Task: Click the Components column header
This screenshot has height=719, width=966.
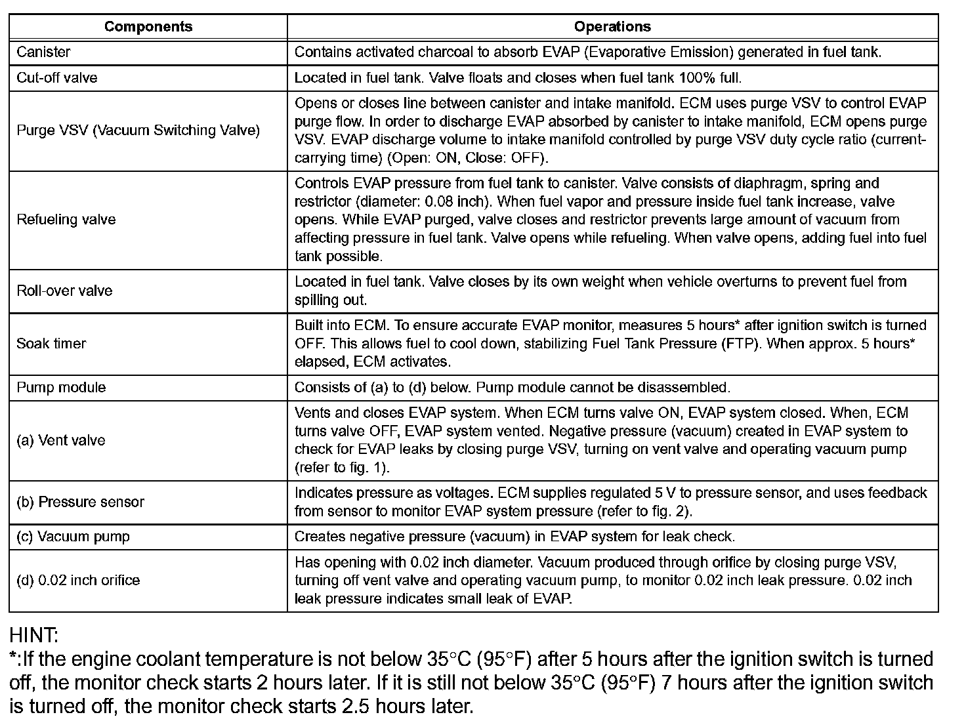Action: [x=148, y=27]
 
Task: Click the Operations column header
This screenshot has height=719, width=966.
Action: [x=612, y=27]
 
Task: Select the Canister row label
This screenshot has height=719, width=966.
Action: [x=43, y=52]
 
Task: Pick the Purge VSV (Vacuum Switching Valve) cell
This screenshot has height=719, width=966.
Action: [x=138, y=131]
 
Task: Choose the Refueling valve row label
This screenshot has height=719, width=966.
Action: [x=66, y=220]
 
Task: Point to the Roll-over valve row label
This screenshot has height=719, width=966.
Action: [x=64, y=291]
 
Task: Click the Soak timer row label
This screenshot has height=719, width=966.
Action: [x=51, y=344]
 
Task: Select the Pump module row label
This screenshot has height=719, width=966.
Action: [x=61, y=388]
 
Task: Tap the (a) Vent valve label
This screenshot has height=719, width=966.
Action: [x=61, y=440]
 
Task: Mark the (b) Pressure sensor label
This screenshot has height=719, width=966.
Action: [x=80, y=503]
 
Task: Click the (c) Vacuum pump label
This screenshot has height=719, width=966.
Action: [x=73, y=537]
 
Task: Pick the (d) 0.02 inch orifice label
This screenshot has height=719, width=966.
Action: [x=78, y=581]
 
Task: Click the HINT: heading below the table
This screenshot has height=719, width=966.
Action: [x=33, y=635]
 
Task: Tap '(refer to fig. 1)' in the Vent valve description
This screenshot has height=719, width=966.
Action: [x=341, y=468]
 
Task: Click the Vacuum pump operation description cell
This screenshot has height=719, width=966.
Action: [x=514, y=537]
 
